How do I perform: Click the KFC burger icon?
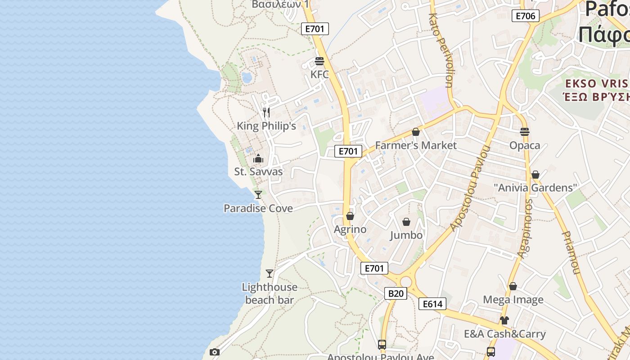319,61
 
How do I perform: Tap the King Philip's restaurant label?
266,126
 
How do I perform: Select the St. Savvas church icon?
258,158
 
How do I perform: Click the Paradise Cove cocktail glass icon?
258,194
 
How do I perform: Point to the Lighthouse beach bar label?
270,293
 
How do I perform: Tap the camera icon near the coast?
215,352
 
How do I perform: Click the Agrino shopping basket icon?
350,216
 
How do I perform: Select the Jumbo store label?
406,235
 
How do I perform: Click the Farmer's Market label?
416,145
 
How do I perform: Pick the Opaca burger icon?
524,132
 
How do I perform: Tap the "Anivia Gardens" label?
535,188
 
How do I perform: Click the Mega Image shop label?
513,300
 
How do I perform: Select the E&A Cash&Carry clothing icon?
504,320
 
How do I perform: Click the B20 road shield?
396,293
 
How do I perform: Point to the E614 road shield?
432,304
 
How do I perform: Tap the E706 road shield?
525,16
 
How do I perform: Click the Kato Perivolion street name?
441,49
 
